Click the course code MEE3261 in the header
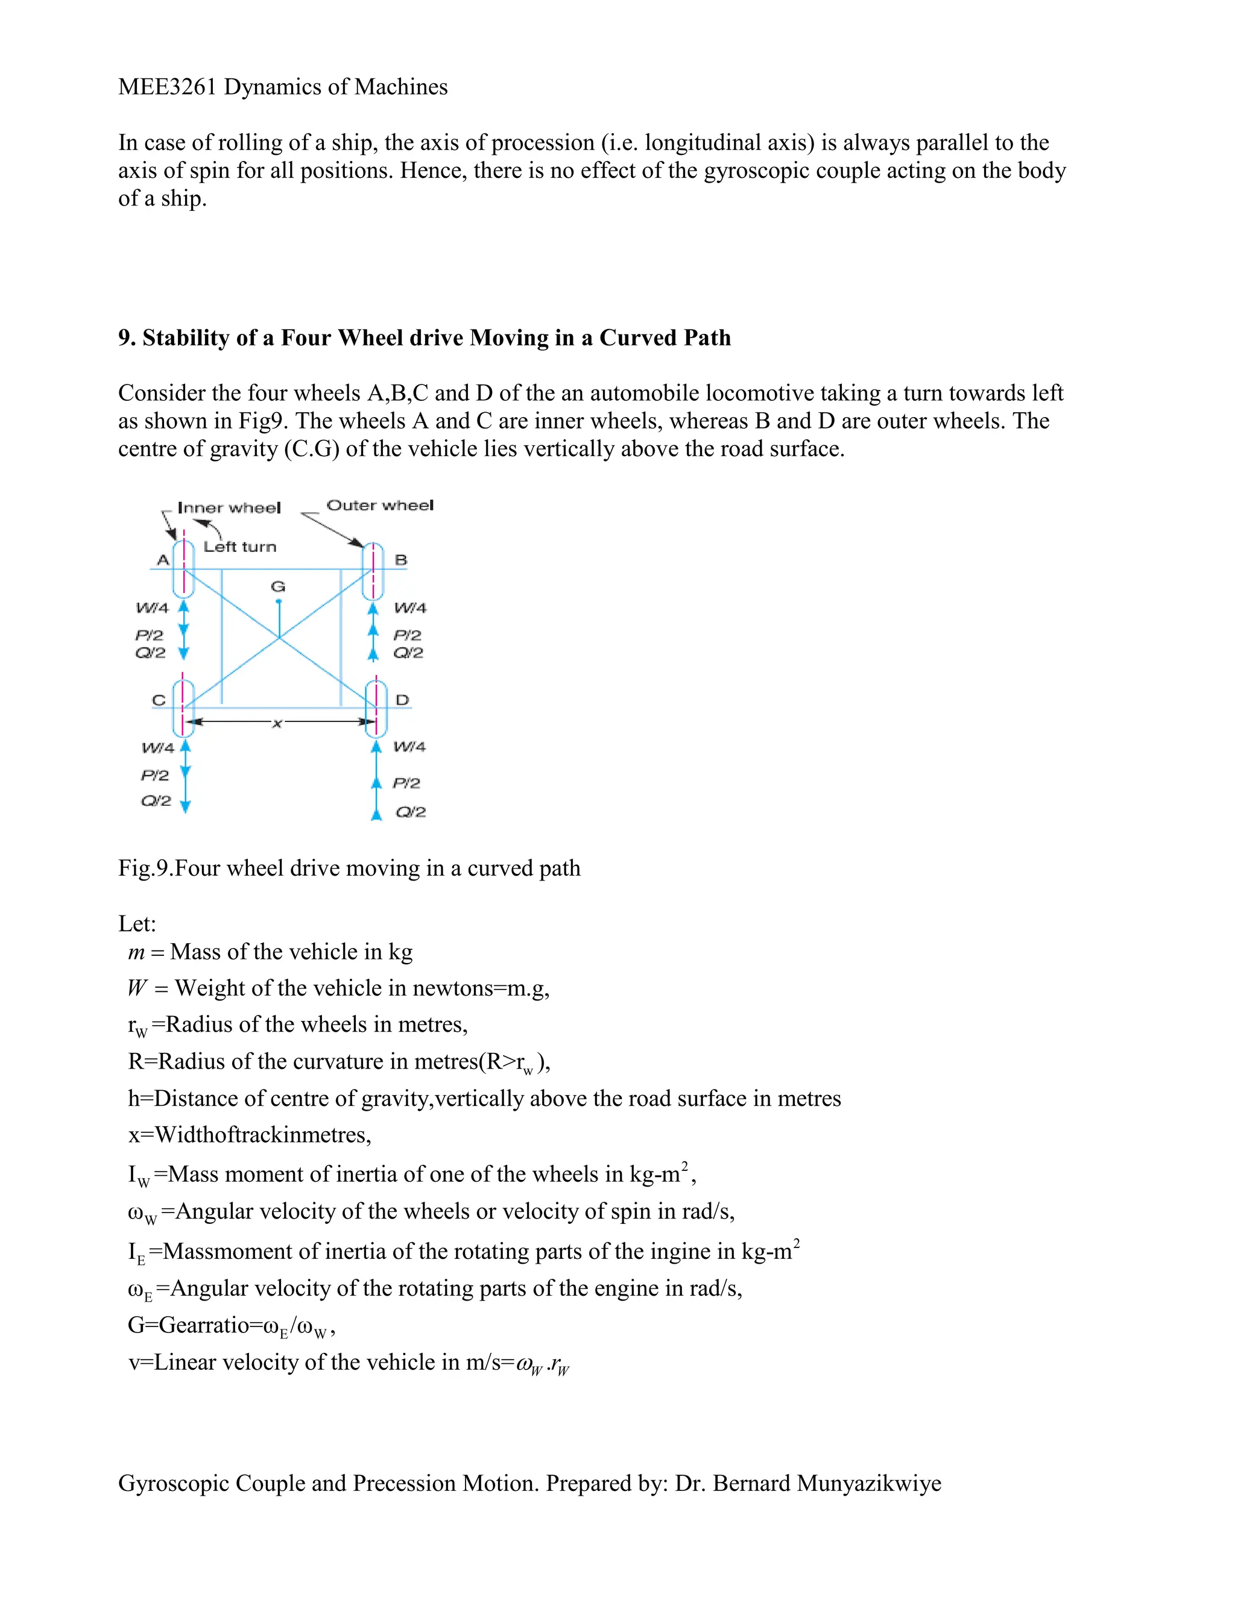click(x=168, y=87)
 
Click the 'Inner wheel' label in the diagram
click(x=229, y=507)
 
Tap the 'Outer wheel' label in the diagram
click(x=380, y=505)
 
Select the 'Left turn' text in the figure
click(x=240, y=547)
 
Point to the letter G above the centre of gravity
click(x=278, y=586)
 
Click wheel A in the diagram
click(x=184, y=568)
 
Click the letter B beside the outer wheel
click(x=401, y=560)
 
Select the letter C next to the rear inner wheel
click(x=159, y=700)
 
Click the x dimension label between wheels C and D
click(x=277, y=724)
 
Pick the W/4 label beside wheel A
click(x=152, y=607)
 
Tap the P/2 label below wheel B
click(x=408, y=635)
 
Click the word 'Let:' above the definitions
click(x=137, y=923)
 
